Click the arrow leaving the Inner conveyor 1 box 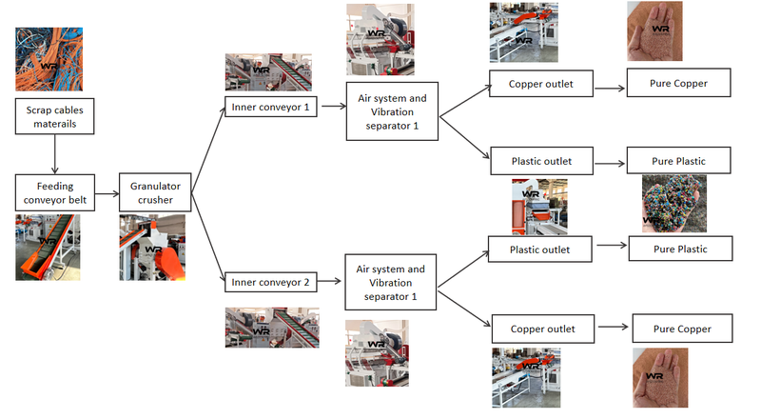[330, 107]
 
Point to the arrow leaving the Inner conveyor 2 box [330, 283]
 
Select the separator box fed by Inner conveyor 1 [391, 111]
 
